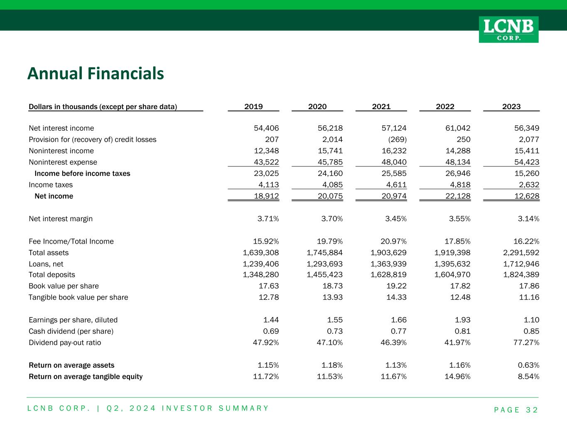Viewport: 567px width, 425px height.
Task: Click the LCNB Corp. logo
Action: click(508, 29)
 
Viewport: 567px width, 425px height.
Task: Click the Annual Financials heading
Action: click(96, 73)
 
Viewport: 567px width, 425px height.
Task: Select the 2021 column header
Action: click(381, 107)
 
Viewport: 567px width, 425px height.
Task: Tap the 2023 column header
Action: click(511, 107)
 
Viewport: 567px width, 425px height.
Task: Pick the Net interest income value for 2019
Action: click(266, 128)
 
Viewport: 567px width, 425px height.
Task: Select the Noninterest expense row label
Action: click(63, 162)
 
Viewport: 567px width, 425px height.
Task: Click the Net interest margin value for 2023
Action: click(528, 219)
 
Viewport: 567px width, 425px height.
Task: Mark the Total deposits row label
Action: click(52, 275)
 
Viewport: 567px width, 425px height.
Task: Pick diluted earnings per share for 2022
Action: click(461, 320)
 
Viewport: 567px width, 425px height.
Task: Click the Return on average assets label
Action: click(71, 365)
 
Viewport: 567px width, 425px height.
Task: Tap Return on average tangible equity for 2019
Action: click(266, 376)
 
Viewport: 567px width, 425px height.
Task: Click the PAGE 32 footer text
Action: click(516, 410)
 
